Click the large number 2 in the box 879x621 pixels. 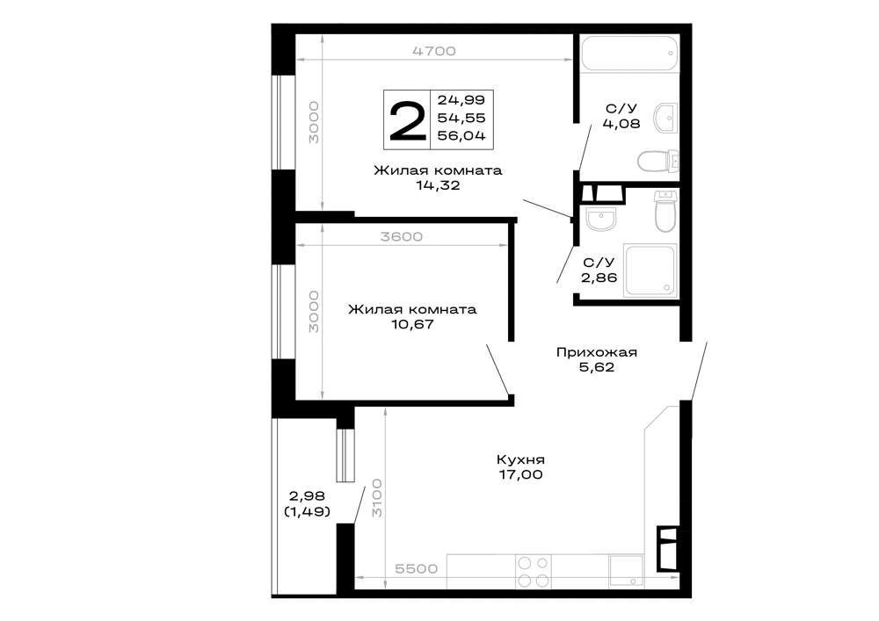408,119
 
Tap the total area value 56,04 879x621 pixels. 461,135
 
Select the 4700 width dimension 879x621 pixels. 434,51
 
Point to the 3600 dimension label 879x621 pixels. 402,237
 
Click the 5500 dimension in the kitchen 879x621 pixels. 416,569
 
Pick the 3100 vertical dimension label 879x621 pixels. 377,498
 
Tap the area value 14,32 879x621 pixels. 438,185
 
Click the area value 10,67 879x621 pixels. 412,324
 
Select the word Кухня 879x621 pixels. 520,459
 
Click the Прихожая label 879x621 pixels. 597,352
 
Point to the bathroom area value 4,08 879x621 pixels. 621,123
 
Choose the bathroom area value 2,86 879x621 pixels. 599,278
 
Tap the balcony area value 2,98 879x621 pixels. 307,496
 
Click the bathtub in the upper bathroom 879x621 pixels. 629,54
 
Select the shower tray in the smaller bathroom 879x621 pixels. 650,270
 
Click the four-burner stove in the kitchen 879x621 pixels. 534,572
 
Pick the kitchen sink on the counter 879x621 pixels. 627,571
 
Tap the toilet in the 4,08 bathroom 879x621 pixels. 658,162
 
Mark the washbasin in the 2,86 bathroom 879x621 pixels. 600,219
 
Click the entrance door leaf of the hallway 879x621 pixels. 699,371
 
